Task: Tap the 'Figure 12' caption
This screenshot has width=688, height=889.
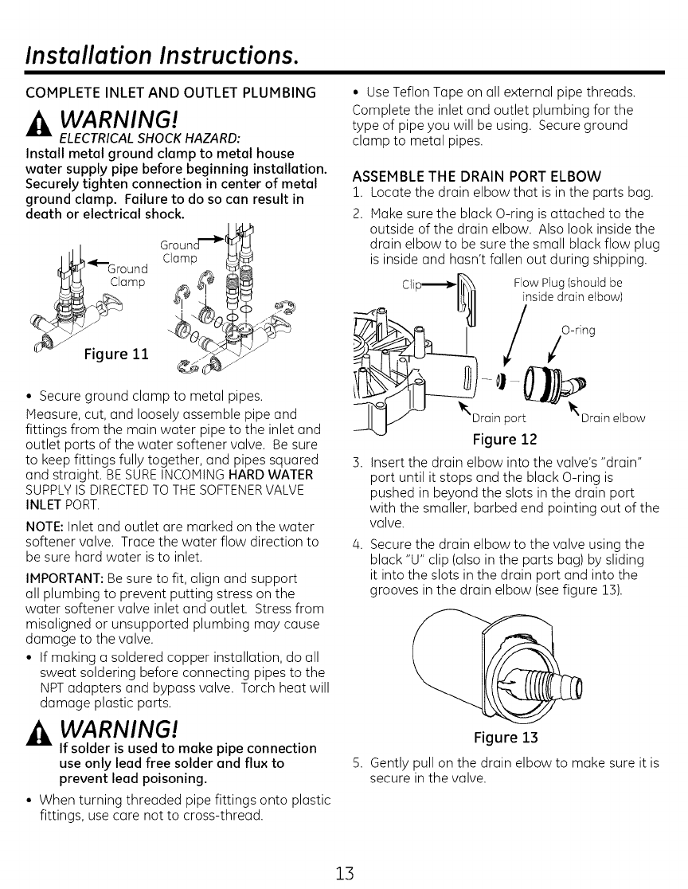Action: [505, 439]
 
